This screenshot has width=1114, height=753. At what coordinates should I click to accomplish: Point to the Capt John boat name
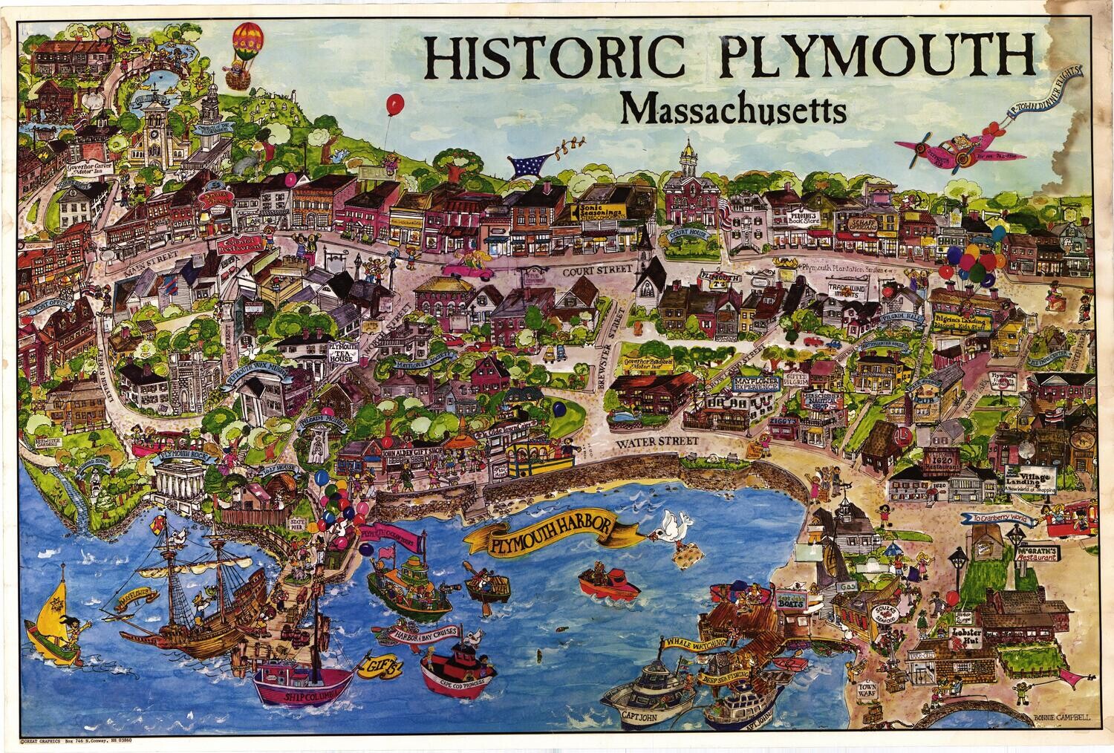tap(642, 715)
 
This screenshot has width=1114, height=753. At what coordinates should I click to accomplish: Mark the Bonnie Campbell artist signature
tap(1061, 718)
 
